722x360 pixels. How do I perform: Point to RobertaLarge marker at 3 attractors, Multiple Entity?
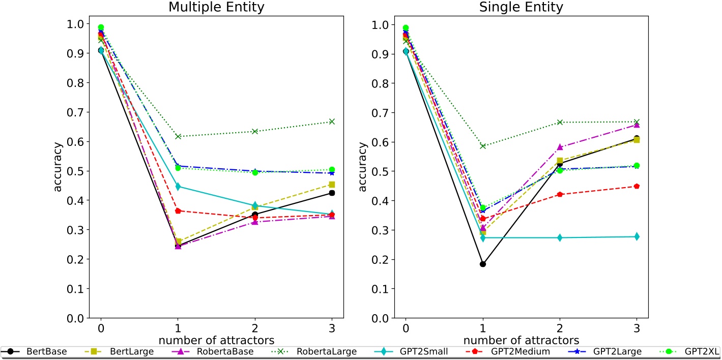coord(332,122)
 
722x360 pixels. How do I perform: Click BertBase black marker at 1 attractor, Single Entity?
coord(483,264)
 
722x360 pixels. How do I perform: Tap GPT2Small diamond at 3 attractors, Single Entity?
coord(637,236)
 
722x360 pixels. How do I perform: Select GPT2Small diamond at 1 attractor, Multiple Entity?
coord(178,187)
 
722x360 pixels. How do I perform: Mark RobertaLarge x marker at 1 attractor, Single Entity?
coord(483,146)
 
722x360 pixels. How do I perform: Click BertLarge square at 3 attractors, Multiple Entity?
coord(332,185)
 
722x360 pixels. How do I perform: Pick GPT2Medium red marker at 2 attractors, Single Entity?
coord(560,194)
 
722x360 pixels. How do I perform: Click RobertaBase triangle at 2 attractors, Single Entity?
coord(560,147)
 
